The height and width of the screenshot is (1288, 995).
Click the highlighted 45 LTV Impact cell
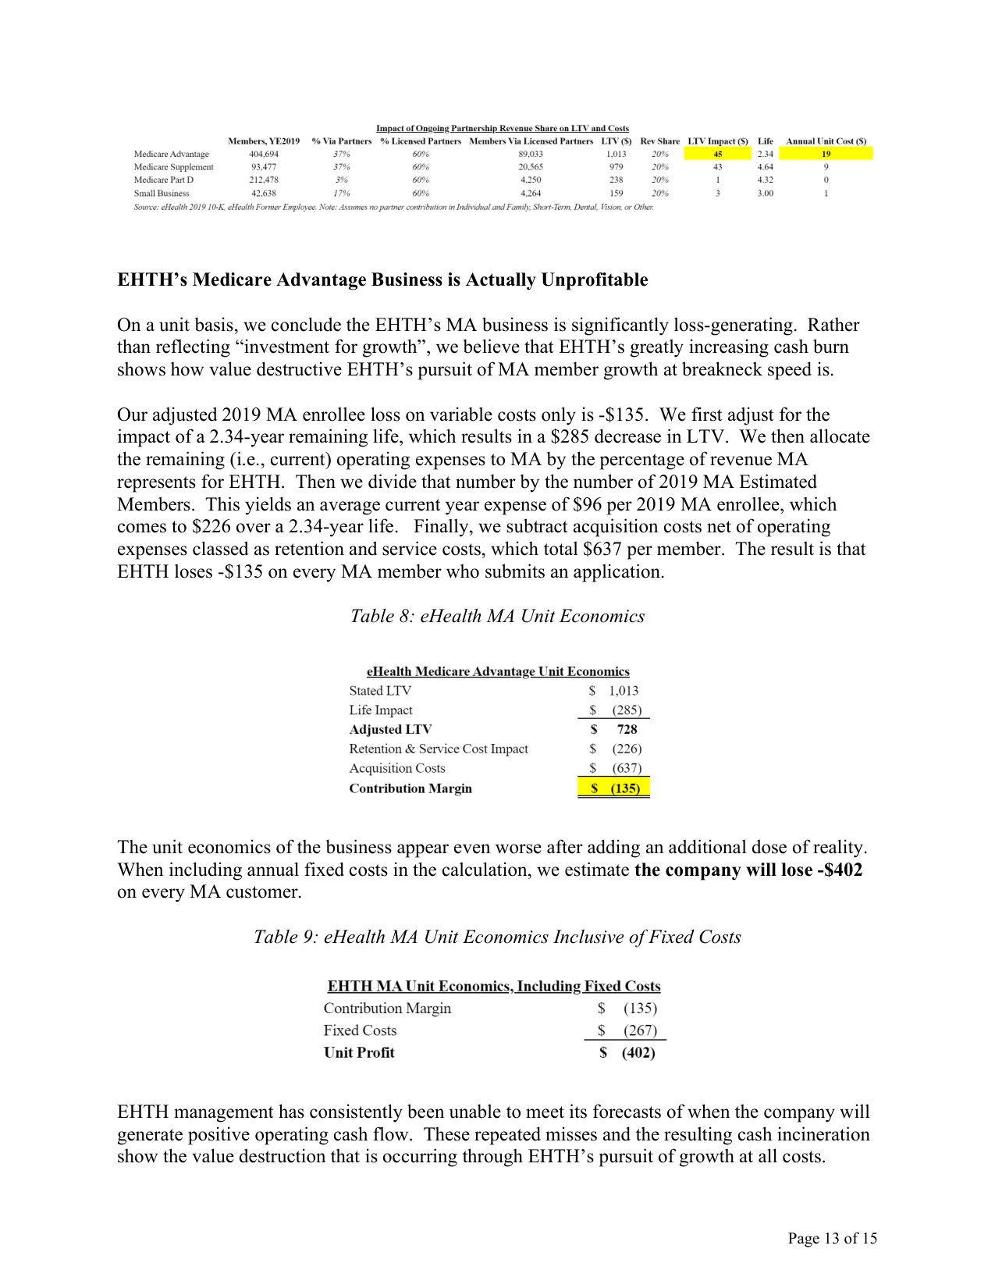(x=717, y=154)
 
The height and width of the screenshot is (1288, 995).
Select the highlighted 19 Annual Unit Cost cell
(x=826, y=154)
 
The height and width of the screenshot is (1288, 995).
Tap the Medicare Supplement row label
(x=173, y=167)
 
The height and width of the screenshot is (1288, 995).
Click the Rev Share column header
(x=659, y=141)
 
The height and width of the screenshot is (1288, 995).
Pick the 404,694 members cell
(x=264, y=154)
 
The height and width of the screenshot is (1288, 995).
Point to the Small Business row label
(x=162, y=193)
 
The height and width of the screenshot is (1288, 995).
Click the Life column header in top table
(x=765, y=141)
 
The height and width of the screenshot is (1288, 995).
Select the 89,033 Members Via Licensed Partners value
(x=531, y=154)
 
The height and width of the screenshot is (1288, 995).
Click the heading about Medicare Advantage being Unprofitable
(x=382, y=279)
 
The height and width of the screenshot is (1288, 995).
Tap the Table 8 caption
(x=497, y=616)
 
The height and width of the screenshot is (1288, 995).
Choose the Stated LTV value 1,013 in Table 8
(x=623, y=691)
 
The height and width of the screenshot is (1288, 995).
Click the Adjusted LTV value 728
(x=627, y=729)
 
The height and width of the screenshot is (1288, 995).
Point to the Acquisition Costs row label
(x=397, y=769)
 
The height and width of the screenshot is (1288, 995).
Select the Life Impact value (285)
(x=626, y=710)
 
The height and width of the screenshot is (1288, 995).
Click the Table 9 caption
(x=497, y=937)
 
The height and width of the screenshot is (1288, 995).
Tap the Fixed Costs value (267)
(x=639, y=1030)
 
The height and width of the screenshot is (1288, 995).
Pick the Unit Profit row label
(x=359, y=1052)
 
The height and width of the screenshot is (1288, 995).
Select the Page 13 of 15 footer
(x=832, y=1238)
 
